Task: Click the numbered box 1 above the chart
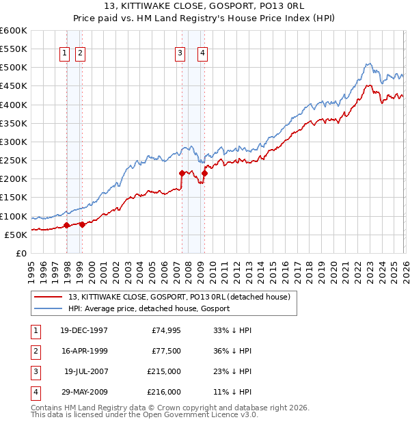click(64, 54)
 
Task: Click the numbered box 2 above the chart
click(80, 54)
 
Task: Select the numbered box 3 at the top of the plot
click(180, 54)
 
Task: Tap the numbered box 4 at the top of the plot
click(203, 54)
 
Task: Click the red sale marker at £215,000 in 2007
click(182, 173)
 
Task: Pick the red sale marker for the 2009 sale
click(204, 173)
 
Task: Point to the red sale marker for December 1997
click(66, 225)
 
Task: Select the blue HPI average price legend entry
click(149, 308)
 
